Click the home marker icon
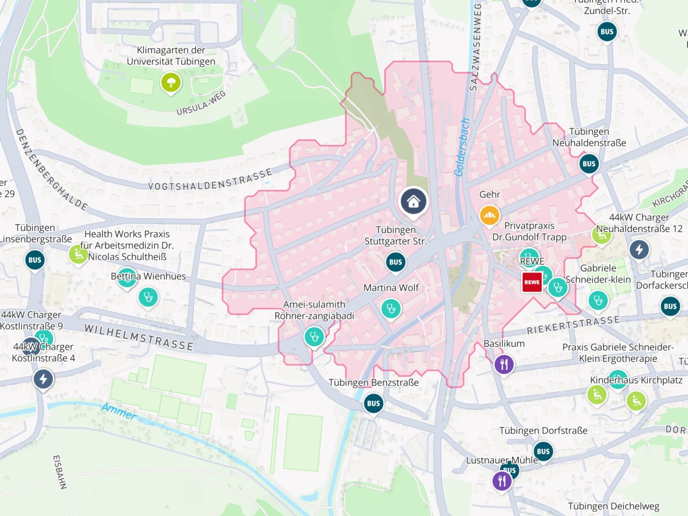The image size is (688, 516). click(413, 202)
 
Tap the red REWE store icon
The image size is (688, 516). click(532, 282)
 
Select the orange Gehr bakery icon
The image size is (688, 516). click(489, 216)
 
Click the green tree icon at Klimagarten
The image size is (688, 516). click(171, 83)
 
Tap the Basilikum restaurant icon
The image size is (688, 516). click(504, 365)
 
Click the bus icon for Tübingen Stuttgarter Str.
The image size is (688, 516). click(395, 262)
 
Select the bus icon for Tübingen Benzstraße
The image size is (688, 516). click(373, 403)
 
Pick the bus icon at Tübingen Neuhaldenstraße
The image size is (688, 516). click(589, 164)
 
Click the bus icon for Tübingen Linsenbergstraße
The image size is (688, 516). click(35, 260)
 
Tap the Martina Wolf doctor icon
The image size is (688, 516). click(391, 309)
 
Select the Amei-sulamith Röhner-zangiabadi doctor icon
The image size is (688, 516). click(314, 337)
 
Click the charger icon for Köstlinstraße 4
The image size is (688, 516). click(43, 379)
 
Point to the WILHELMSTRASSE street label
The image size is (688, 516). click(139, 337)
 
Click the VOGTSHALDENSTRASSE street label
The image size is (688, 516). click(210, 180)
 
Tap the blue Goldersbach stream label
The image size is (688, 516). click(462, 147)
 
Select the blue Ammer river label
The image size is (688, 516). click(119, 411)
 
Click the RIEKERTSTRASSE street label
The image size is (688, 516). click(573, 325)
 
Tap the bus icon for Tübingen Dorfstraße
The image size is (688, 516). click(543, 451)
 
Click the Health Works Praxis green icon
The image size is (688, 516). click(78, 254)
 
